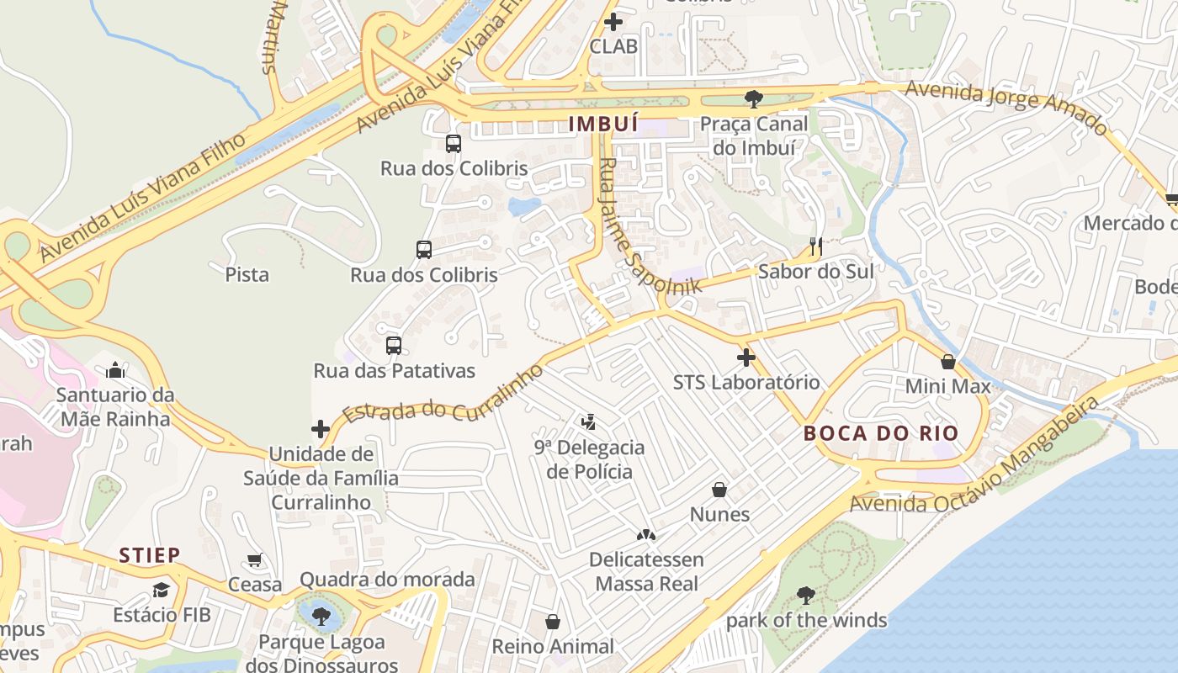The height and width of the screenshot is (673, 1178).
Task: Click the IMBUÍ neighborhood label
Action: click(x=603, y=125)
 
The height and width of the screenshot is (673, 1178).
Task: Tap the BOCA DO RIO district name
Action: click(x=881, y=433)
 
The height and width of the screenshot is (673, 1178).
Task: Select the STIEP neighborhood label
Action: click(x=149, y=555)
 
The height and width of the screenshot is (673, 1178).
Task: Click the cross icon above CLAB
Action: click(x=613, y=21)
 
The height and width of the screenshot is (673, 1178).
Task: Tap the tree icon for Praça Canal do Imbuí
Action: click(x=753, y=99)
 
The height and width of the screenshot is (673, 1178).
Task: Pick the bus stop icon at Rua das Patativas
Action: click(x=393, y=345)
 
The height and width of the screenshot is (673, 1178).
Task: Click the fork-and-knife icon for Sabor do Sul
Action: click(x=815, y=246)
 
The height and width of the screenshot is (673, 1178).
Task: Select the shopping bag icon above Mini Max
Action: click(x=948, y=362)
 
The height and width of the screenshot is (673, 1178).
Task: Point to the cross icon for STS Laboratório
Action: click(x=746, y=358)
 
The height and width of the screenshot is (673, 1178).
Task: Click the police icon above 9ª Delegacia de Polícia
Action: click(x=589, y=421)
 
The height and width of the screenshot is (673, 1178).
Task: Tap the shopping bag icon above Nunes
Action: click(x=719, y=489)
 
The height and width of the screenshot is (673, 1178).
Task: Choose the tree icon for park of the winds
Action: click(x=805, y=596)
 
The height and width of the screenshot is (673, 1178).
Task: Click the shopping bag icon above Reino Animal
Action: click(x=553, y=622)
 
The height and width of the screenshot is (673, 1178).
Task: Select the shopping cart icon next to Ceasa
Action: click(x=254, y=560)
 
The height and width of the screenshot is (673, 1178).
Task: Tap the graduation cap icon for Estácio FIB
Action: click(x=161, y=590)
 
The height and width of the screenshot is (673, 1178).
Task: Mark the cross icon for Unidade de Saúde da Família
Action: click(x=320, y=429)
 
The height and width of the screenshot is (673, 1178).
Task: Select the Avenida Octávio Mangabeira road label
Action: click(x=976, y=463)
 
